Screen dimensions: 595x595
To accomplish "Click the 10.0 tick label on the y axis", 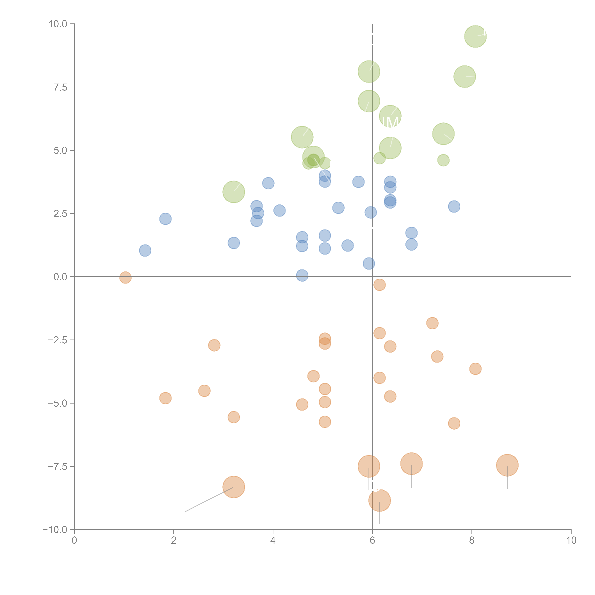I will [58, 24].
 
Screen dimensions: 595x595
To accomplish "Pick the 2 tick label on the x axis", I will [174, 540].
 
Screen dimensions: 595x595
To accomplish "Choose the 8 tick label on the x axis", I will [472, 540].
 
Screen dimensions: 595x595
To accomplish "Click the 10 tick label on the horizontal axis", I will [571, 540].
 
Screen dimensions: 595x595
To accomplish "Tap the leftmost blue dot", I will [145, 250].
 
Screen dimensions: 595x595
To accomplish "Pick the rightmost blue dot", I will [454, 206].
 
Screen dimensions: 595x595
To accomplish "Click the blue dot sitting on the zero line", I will [302, 275].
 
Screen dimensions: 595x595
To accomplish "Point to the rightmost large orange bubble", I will [507, 465].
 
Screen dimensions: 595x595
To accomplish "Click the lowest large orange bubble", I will [379, 500].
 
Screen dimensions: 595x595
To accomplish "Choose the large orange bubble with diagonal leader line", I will [234, 487].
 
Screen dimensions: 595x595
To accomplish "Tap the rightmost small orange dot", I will [475, 369].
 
